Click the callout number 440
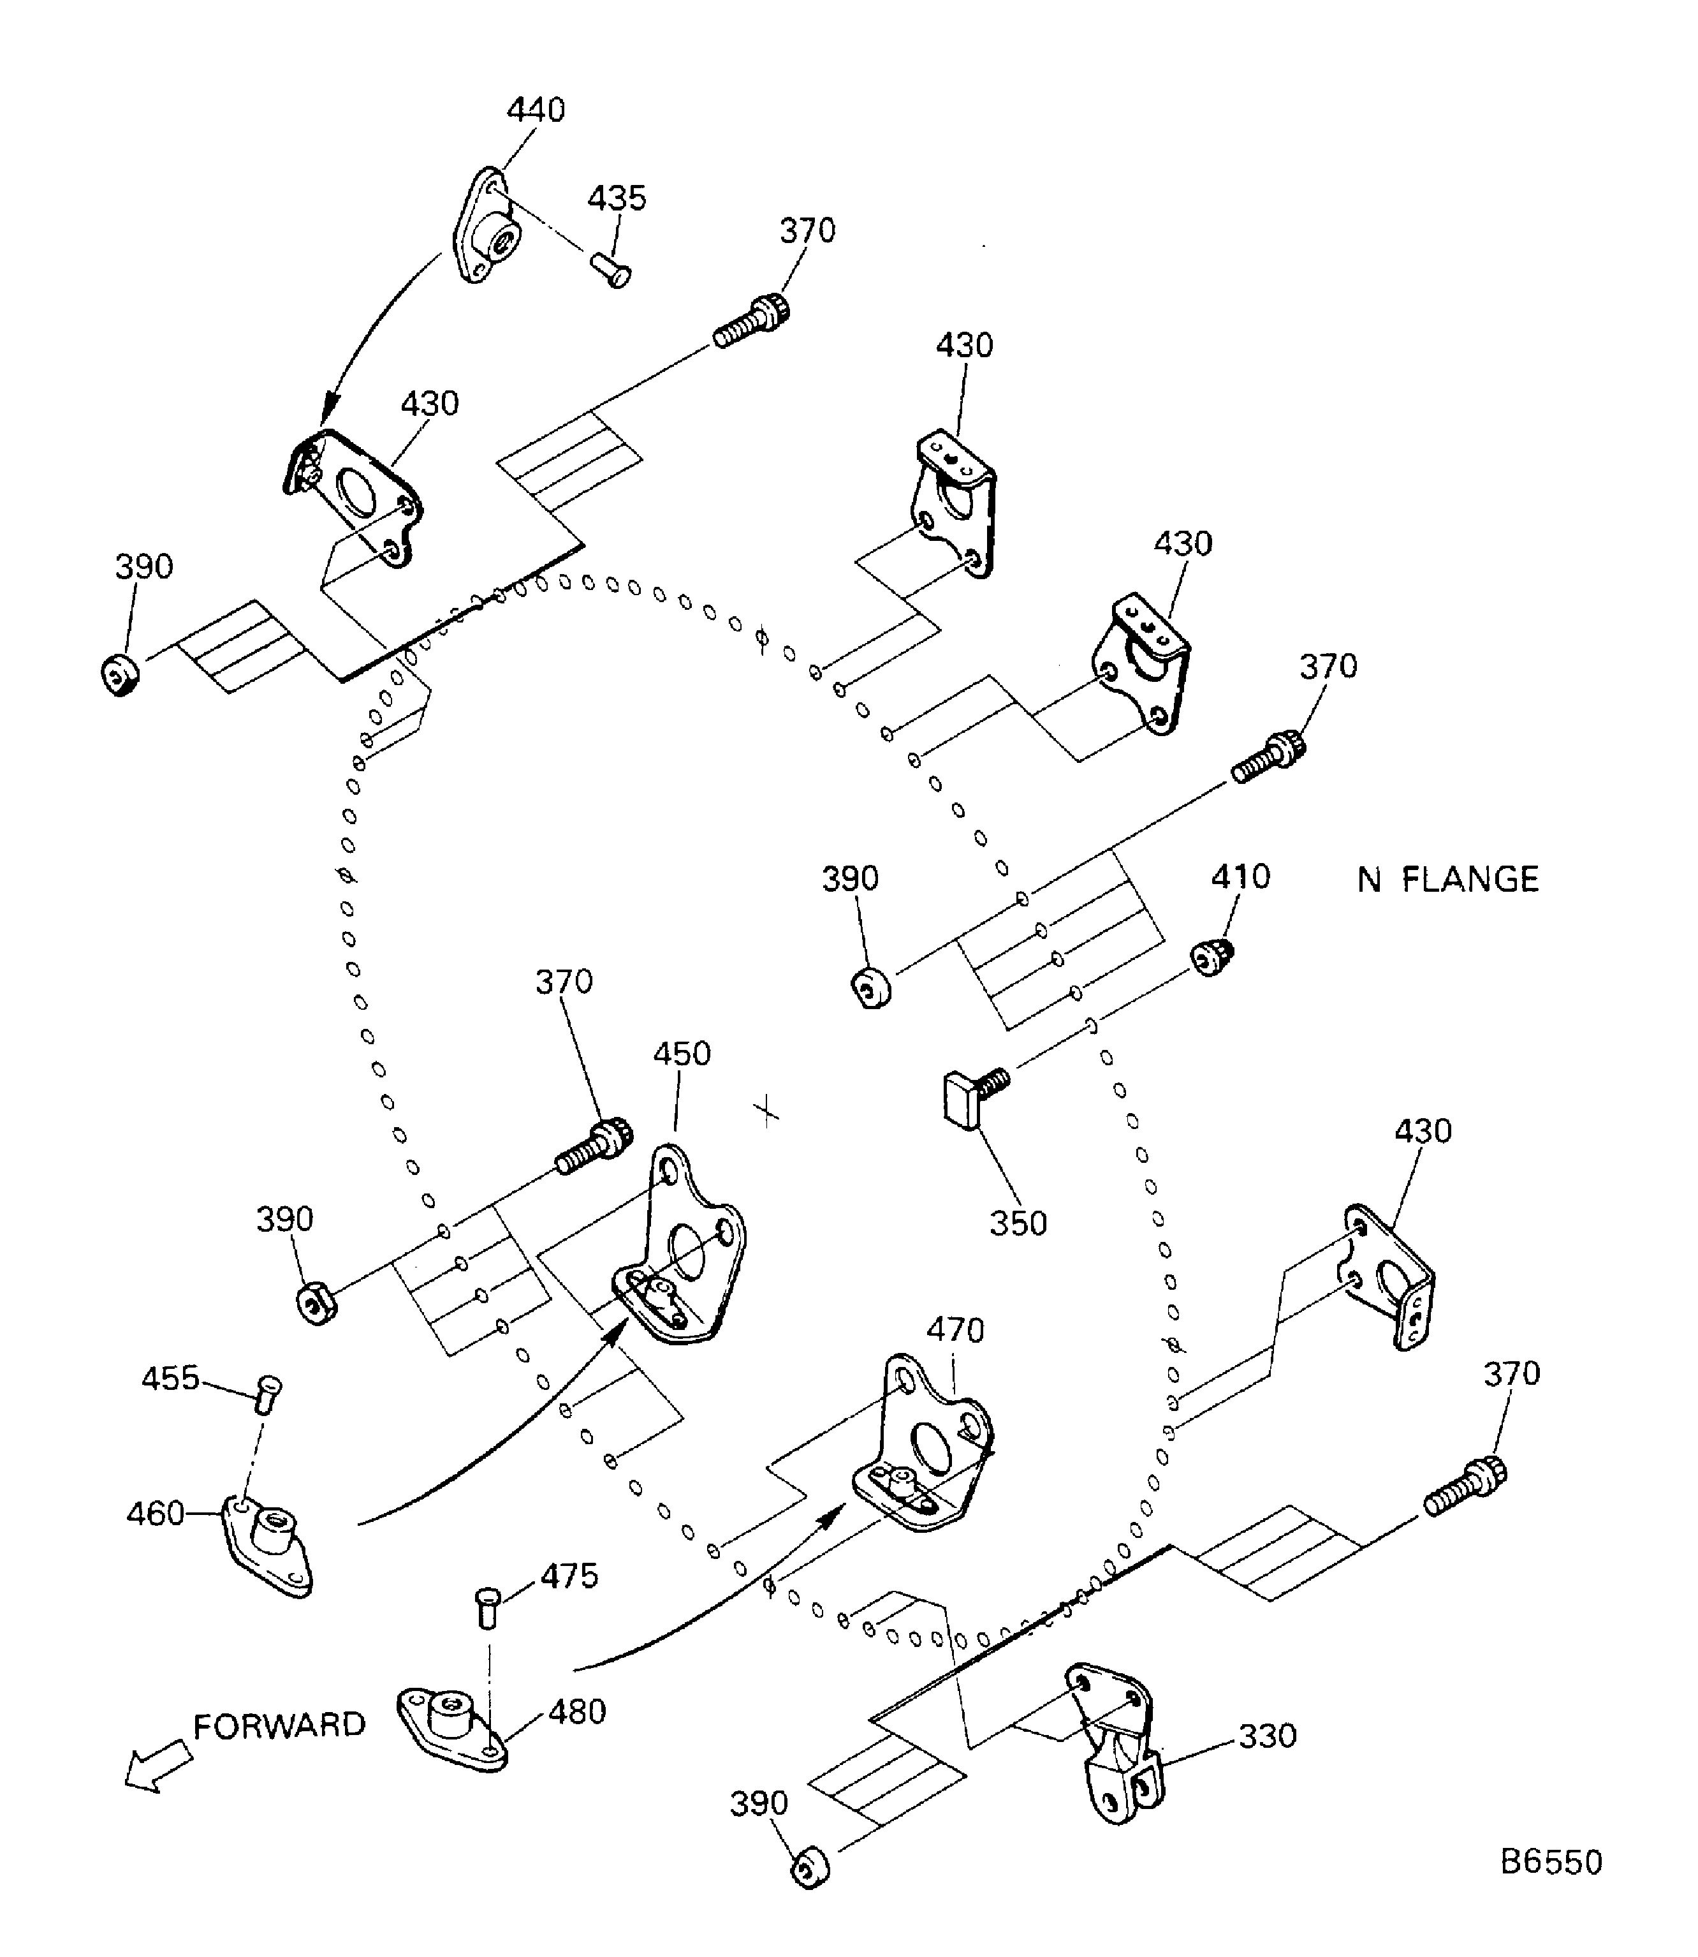536,110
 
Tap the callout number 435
616,198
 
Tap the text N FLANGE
1448,880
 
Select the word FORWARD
279,1725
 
